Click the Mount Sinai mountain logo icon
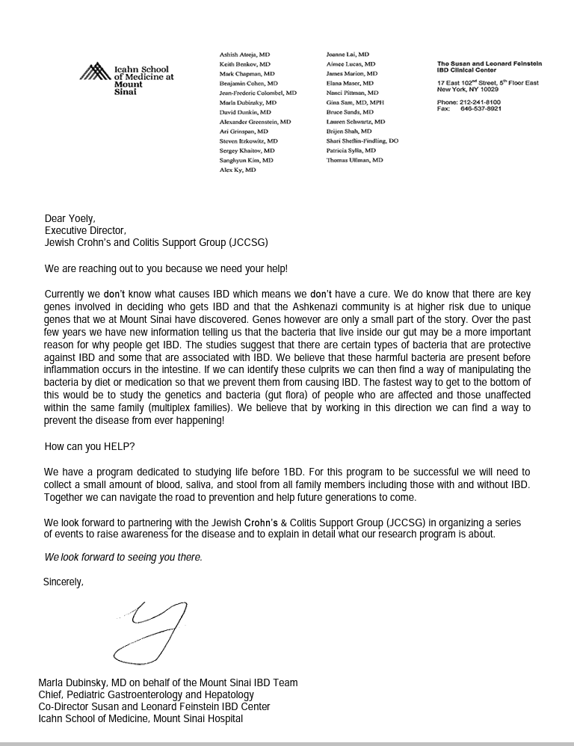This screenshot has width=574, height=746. (95, 72)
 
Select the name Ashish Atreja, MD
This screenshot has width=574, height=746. (244, 55)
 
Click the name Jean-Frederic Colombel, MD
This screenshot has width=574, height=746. (258, 93)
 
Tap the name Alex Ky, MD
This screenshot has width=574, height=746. (238, 170)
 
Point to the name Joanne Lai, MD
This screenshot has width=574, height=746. (348, 55)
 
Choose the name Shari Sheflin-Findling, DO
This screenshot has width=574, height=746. (362, 141)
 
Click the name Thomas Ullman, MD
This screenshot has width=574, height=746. (354, 160)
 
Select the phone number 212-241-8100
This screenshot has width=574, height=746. (480, 102)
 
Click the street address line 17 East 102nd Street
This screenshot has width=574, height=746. (487, 83)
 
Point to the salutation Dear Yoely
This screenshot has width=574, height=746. (70, 219)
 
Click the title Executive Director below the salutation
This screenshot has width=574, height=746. (85, 230)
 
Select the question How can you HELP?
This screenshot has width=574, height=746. (90, 447)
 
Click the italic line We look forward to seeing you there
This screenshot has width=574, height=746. (123, 558)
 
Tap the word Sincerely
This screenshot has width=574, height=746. (64, 582)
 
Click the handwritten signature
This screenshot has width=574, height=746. (153, 632)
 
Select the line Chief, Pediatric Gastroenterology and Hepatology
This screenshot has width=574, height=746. (146, 694)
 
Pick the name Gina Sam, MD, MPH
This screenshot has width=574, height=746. (355, 102)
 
